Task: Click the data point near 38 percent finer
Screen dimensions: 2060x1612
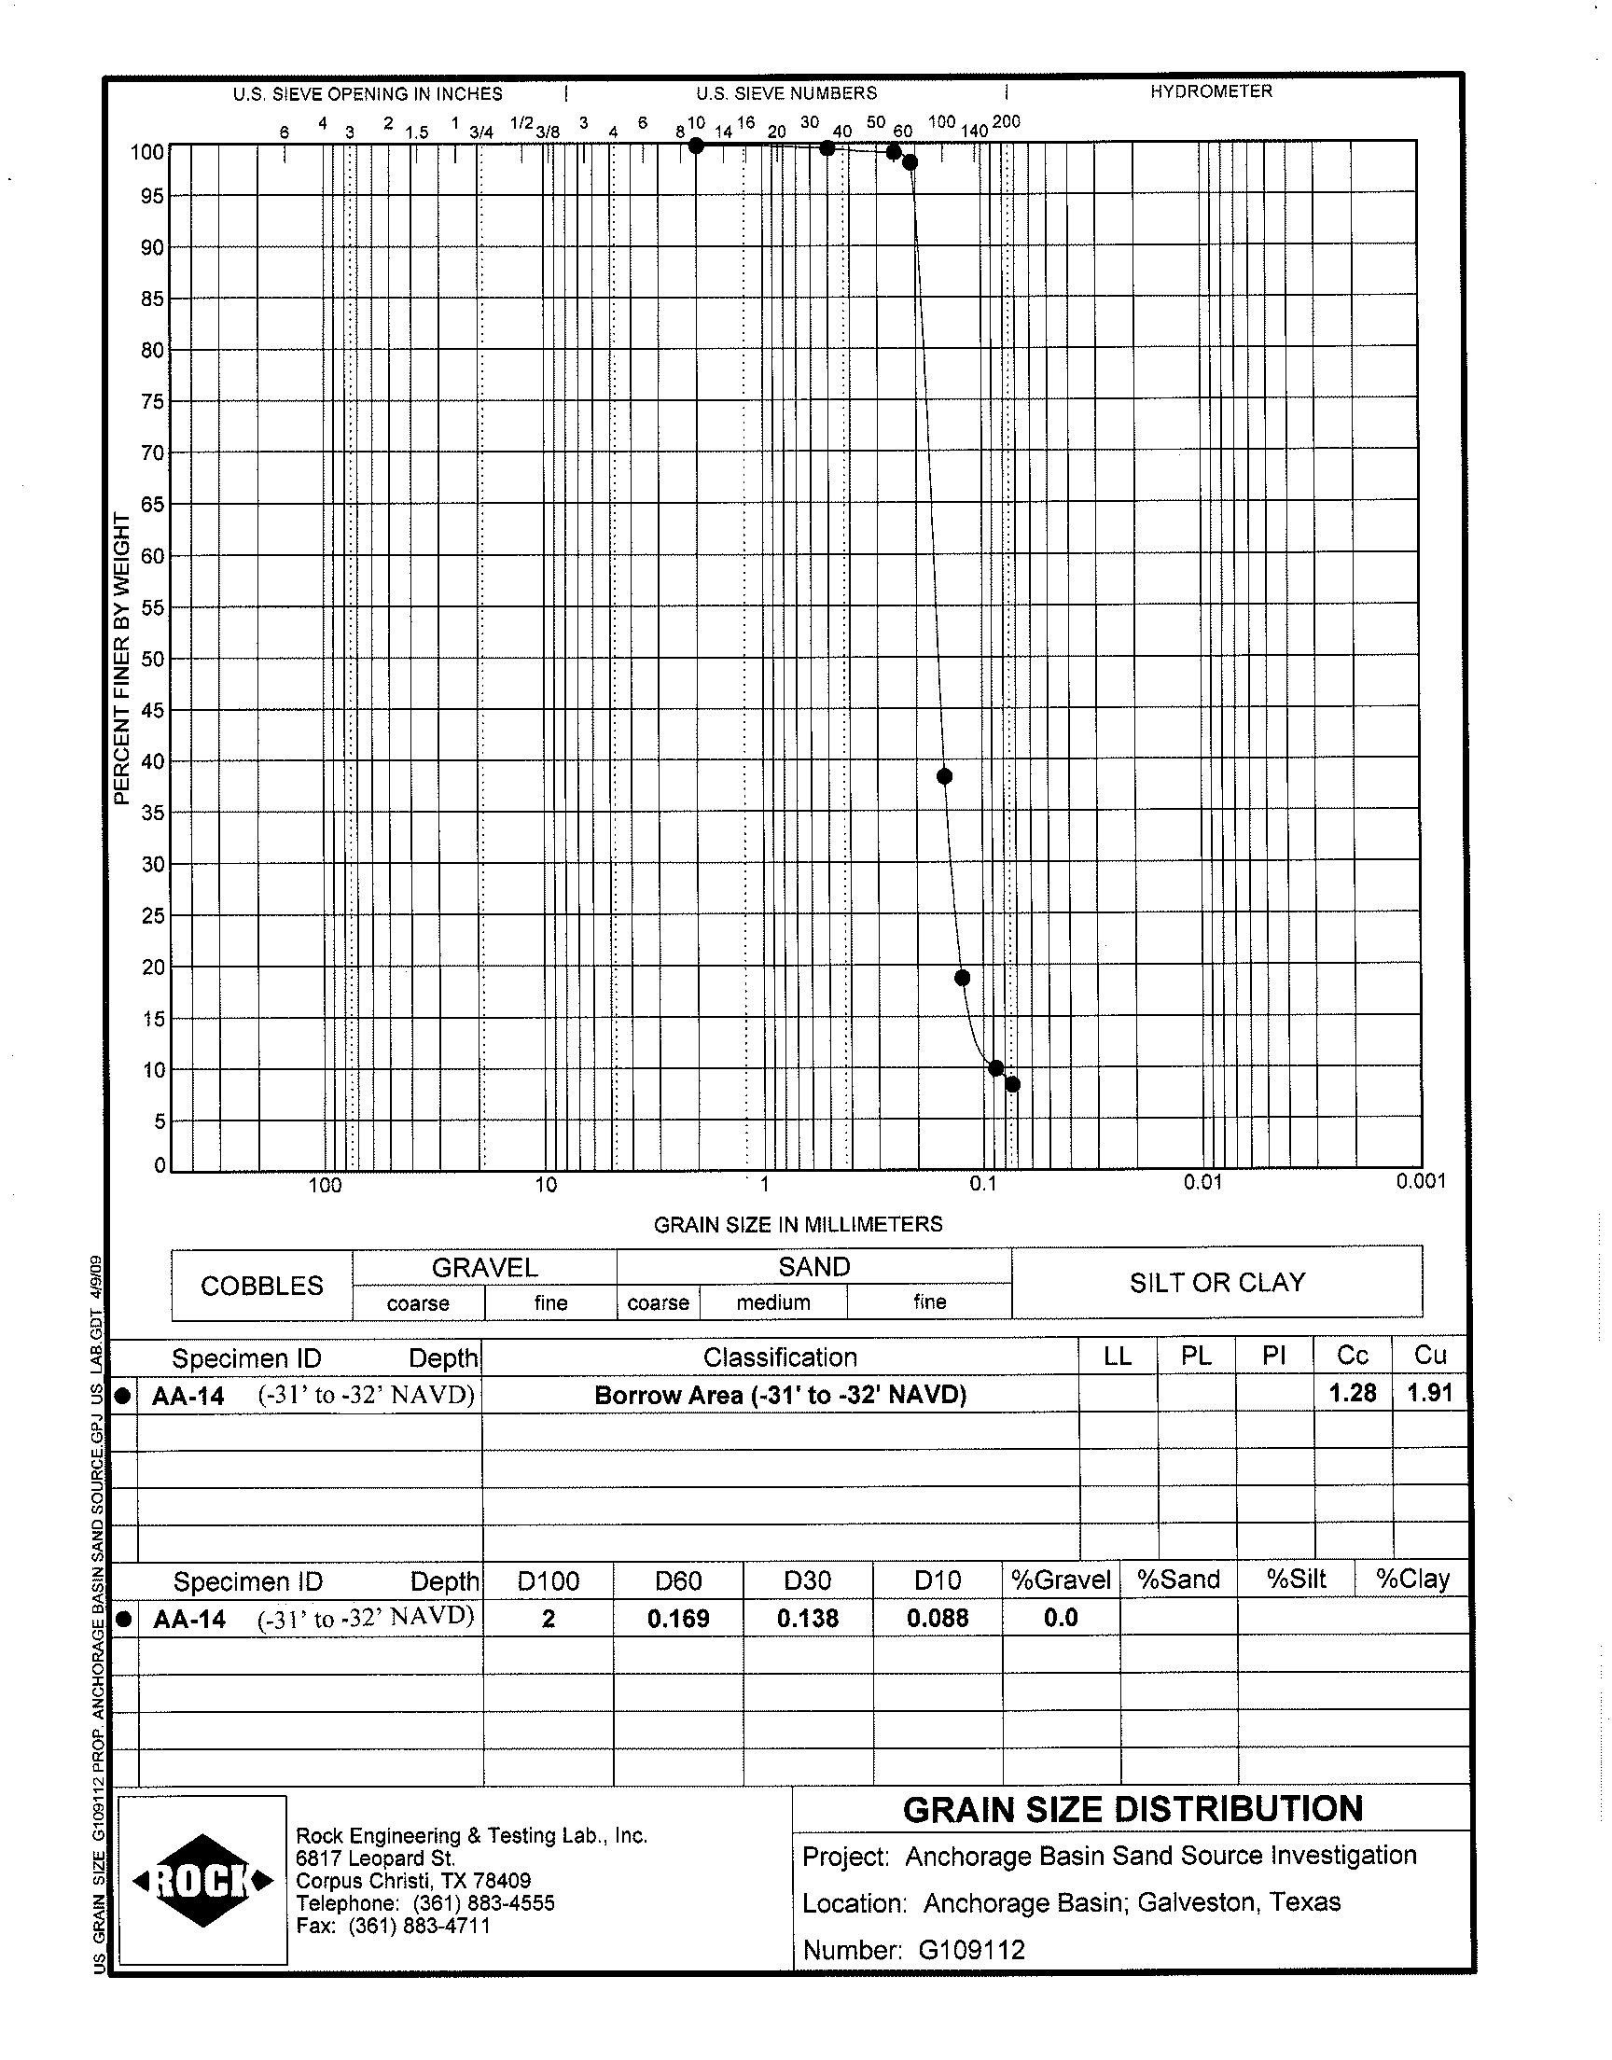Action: tap(944, 776)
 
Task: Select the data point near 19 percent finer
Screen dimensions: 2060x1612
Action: tap(963, 978)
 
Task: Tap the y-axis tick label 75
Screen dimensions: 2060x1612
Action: tap(152, 402)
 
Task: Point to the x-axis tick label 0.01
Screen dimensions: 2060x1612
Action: tap(1202, 1181)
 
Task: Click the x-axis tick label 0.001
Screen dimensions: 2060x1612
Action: tap(1421, 1181)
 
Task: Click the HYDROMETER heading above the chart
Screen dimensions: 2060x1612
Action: tap(1211, 91)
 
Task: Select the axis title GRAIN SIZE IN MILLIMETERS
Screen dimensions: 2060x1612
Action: tap(798, 1224)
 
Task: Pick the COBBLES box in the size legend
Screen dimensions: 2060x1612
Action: tap(261, 1286)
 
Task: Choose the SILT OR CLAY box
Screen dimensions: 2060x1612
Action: tap(1216, 1283)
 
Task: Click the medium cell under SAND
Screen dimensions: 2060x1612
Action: tap(773, 1302)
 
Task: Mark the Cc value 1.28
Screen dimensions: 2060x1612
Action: tap(1352, 1393)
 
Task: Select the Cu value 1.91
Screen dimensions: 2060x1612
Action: tap(1429, 1393)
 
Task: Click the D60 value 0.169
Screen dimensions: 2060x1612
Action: tap(677, 1619)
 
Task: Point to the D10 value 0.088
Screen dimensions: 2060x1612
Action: tap(938, 1619)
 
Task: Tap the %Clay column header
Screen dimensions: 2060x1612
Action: tap(1412, 1579)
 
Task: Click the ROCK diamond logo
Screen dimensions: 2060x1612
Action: tap(203, 1881)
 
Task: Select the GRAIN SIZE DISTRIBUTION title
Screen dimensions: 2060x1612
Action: tap(1133, 1809)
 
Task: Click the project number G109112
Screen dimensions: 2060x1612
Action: tap(971, 1950)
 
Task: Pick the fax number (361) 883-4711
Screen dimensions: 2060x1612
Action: tap(419, 1926)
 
